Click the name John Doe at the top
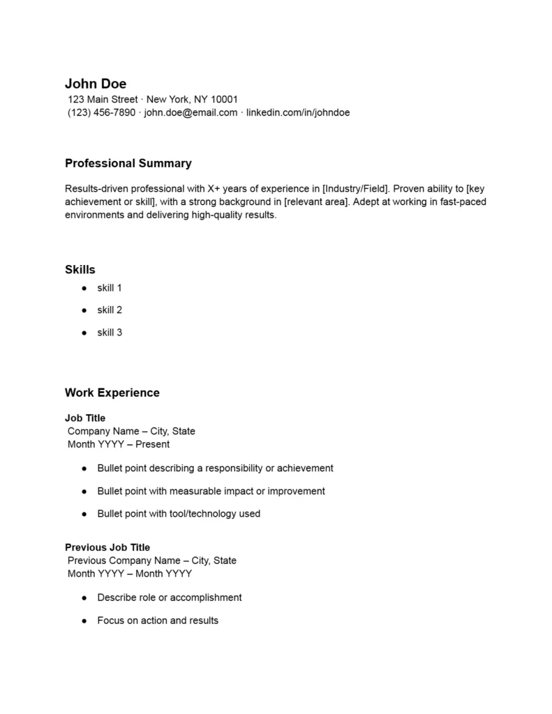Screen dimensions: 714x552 click(x=96, y=84)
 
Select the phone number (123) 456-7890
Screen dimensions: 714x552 click(x=101, y=112)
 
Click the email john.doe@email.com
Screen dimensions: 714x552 click(x=191, y=112)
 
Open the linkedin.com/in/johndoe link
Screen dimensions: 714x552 click(x=298, y=112)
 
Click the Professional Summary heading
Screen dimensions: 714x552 click(x=128, y=163)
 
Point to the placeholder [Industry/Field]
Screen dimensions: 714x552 click(x=355, y=188)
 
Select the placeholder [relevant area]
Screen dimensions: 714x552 click(x=315, y=202)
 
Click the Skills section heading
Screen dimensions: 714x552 click(x=80, y=269)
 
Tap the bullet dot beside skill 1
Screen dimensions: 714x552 click(x=84, y=288)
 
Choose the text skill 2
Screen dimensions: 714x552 click(x=110, y=310)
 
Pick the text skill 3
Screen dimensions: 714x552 click(x=110, y=333)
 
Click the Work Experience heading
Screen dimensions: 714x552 click(x=112, y=393)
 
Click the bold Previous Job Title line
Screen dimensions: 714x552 click(x=107, y=547)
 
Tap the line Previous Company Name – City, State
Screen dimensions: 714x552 click(x=152, y=561)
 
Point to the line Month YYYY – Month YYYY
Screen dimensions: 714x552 click(x=130, y=574)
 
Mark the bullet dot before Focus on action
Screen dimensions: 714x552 click(x=84, y=621)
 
